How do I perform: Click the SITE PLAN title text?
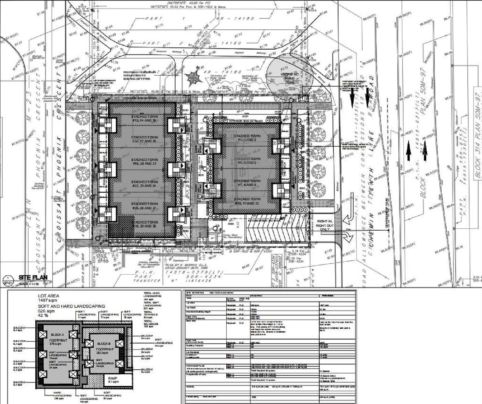coord(33,278)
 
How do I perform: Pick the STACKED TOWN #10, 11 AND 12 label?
coord(247,201)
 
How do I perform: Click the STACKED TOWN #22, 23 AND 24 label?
coord(144,184)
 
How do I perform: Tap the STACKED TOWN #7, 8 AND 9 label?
coord(247,183)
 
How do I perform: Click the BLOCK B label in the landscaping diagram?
coord(103,344)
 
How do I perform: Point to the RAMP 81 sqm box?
coord(113,380)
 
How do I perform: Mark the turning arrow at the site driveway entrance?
coord(347,236)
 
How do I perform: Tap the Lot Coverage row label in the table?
coord(192,352)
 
